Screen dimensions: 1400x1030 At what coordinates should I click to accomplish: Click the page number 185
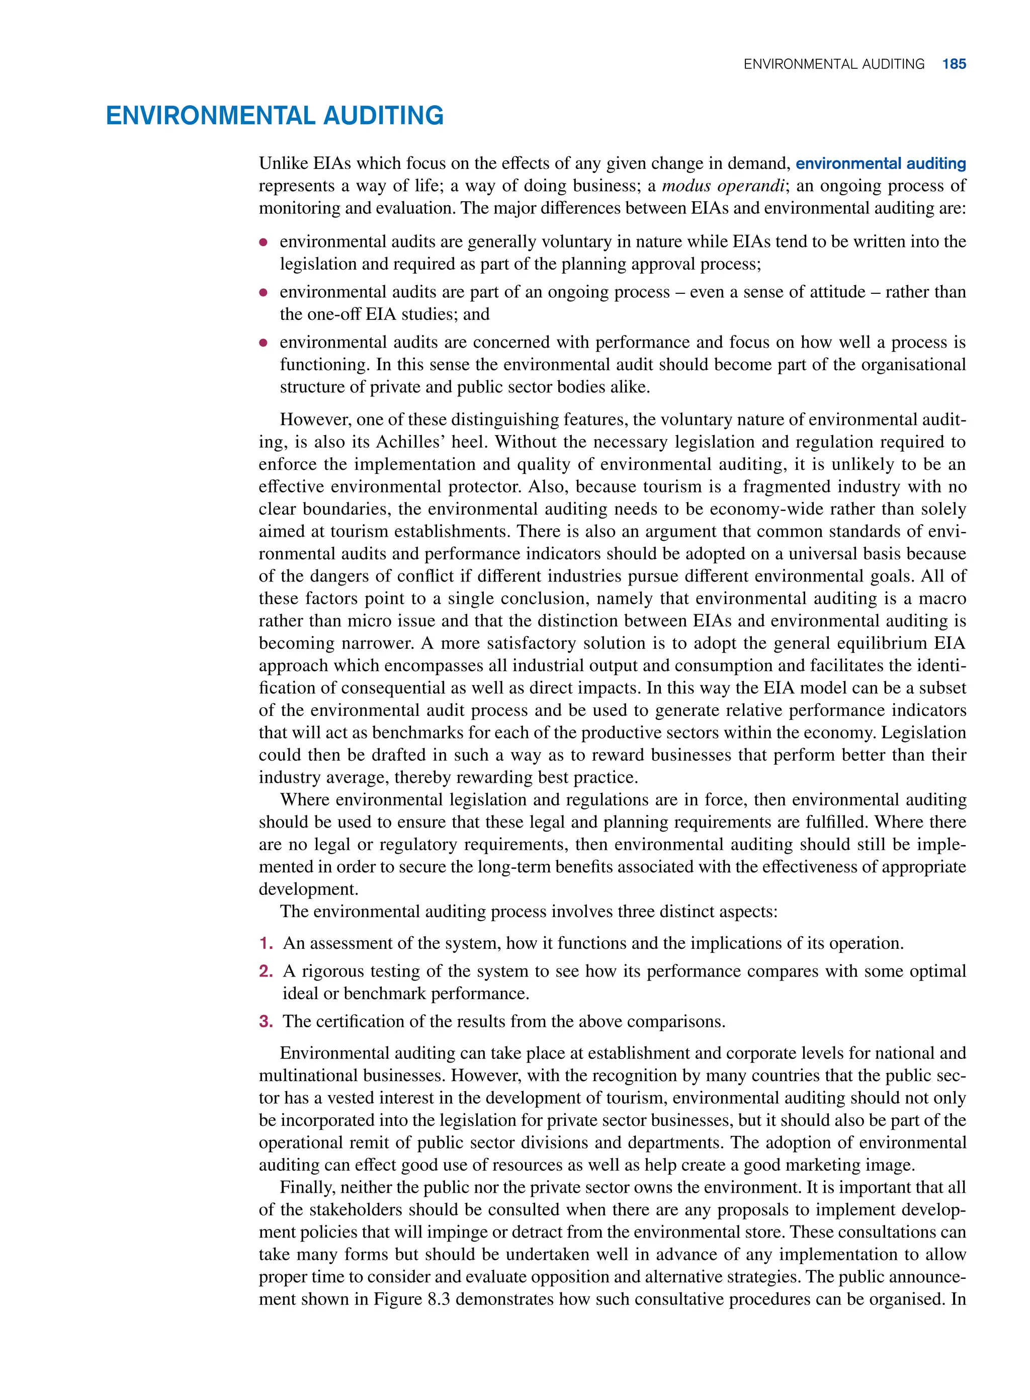tap(954, 63)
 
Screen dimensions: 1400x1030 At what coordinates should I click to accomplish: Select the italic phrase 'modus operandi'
tap(722, 186)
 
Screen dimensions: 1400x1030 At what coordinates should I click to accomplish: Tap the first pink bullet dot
tap(264, 242)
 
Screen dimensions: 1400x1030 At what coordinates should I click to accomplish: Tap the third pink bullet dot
tap(264, 343)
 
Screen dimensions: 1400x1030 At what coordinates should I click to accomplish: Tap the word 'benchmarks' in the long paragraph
tap(409, 733)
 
